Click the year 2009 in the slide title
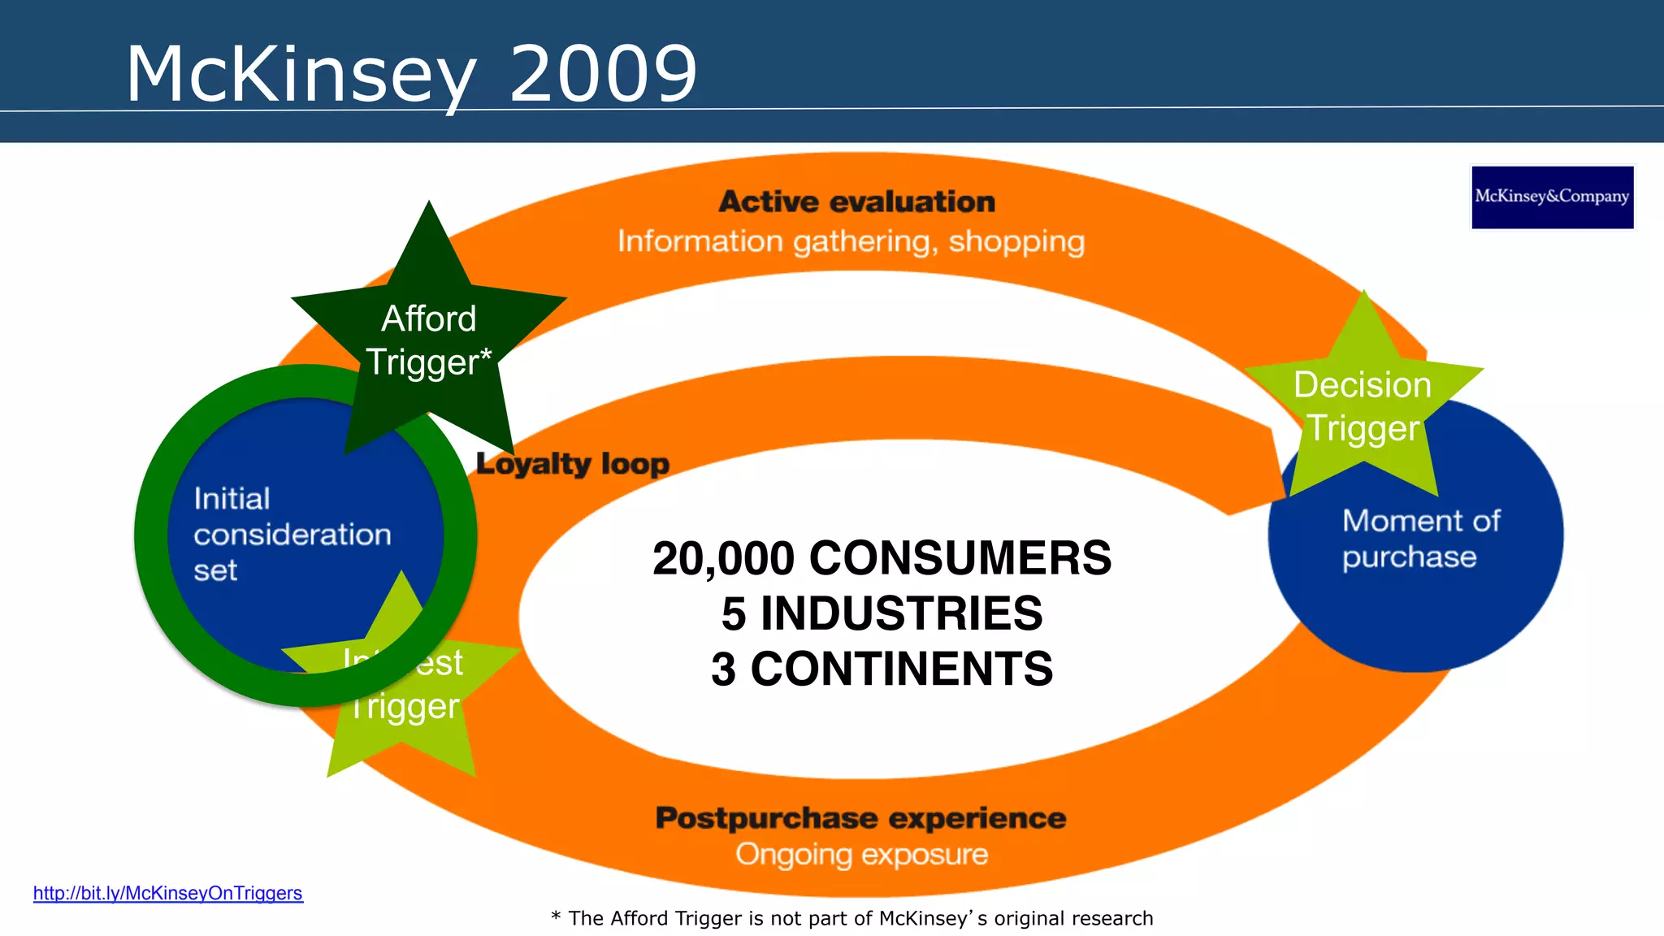pyautogui.click(x=603, y=74)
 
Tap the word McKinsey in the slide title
pyautogui.click(x=301, y=76)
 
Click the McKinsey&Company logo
pyautogui.click(x=1552, y=197)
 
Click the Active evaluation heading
pyautogui.click(x=856, y=201)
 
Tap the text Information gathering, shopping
pyautogui.click(x=851, y=241)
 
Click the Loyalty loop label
pyautogui.click(x=573, y=464)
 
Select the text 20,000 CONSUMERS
pyautogui.click(x=882, y=558)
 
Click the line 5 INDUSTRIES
pyautogui.click(x=882, y=613)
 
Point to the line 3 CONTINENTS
pyautogui.click(x=882, y=669)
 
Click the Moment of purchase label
pyautogui.click(x=1420, y=538)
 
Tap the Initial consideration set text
pyautogui.click(x=292, y=534)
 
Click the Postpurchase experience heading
pyautogui.click(x=860, y=818)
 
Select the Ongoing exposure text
pyautogui.click(x=861, y=855)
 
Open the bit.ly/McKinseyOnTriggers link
pyautogui.click(x=167, y=893)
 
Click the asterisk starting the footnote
pyautogui.click(x=556, y=916)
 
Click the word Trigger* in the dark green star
pyautogui.click(x=428, y=362)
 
